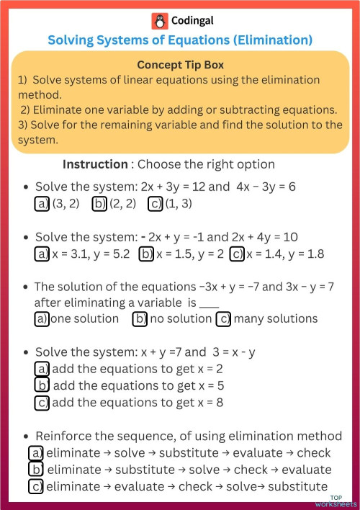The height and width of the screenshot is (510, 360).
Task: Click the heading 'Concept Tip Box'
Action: (x=180, y=65)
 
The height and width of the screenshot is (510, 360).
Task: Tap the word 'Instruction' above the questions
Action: (x=97, y=164)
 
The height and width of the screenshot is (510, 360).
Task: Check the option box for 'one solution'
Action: (x=42, y=318)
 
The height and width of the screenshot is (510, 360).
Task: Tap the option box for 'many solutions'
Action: (x=224, y=318)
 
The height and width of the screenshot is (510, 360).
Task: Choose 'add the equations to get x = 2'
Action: (x=42, y=370)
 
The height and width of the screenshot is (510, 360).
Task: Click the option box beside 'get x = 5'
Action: (x=42, y=385)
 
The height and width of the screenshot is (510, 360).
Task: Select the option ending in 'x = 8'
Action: (x=42, y=402)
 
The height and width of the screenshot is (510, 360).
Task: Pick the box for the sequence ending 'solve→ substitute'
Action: (x=36, y=486)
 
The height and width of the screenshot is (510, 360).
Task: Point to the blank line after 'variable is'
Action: (x=209, y=304)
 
